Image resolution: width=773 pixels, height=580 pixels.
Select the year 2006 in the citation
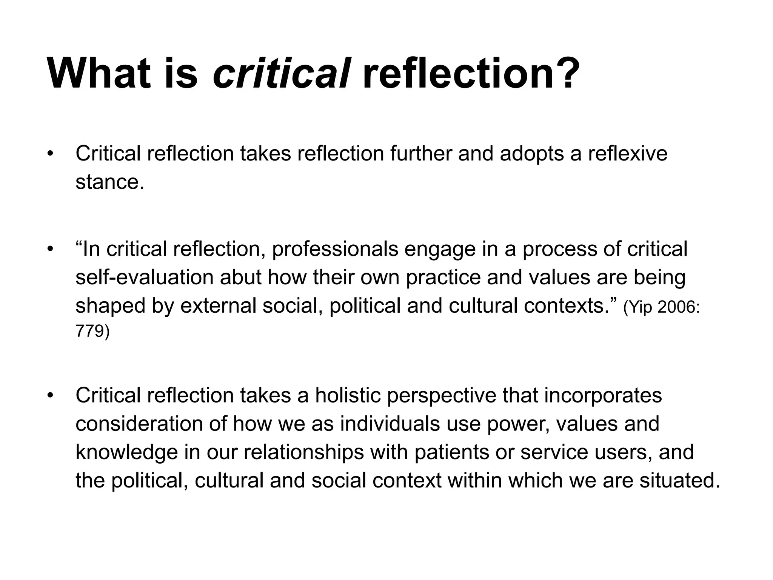click(676, 307)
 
